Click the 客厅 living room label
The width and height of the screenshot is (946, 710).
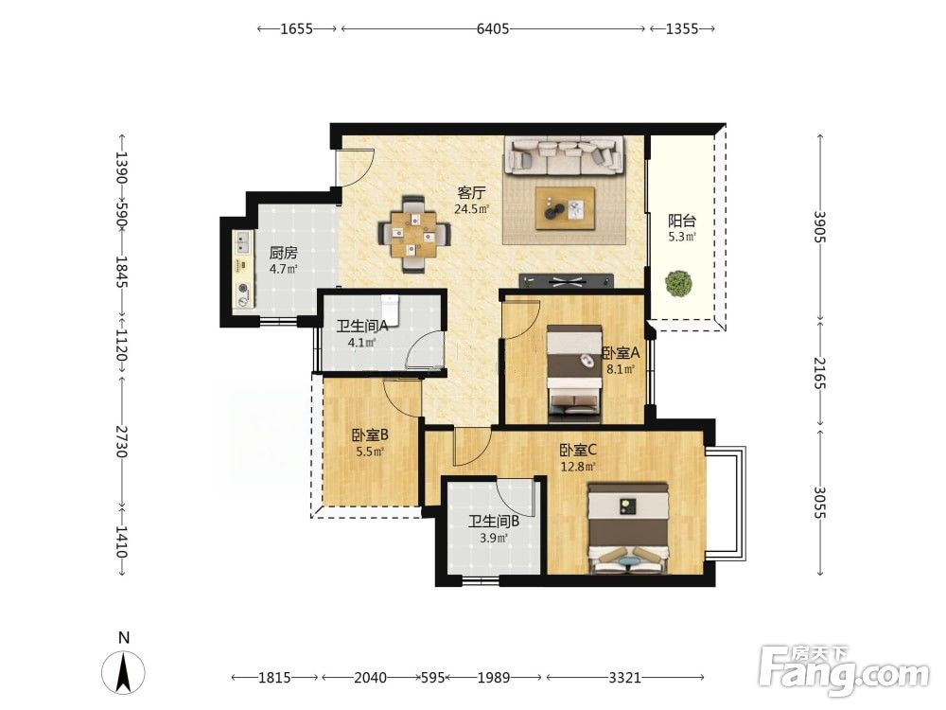[472, 193]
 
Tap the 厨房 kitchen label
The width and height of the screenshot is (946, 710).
[284, 253]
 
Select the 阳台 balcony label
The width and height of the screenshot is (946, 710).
[682, 221]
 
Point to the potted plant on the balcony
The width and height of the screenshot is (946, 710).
[678, 283]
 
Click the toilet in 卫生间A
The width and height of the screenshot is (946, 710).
[391, 309]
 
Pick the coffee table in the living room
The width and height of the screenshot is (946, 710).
[566, 208]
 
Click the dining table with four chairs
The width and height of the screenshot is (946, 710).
[414, 234]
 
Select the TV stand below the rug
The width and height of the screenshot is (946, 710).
[567, 281]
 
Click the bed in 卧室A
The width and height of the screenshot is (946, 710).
[574, 373]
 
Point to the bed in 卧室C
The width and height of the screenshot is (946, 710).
[629, 527]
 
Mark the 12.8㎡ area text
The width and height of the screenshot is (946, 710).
[579, 467]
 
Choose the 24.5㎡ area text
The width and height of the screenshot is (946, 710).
[472, 209]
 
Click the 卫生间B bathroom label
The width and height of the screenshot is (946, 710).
[494, 522]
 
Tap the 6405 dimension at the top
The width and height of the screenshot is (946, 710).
[493, 28]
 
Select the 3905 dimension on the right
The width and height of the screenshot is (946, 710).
[819, 226]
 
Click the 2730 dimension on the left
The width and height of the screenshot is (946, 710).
[122, 441]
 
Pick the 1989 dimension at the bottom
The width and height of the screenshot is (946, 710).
[494, 678]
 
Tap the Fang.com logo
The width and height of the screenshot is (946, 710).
[844, 670]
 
